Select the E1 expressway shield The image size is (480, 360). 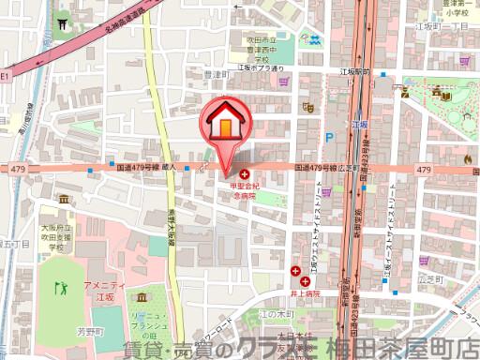tap(5, 74)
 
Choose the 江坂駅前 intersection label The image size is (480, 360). tap(354, 71)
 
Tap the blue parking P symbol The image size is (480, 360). tap(328, 136)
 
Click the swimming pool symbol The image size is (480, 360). tap(310, 42)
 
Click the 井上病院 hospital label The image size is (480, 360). tap(304, 292)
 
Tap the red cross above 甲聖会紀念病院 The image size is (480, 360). tap(245, 174)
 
